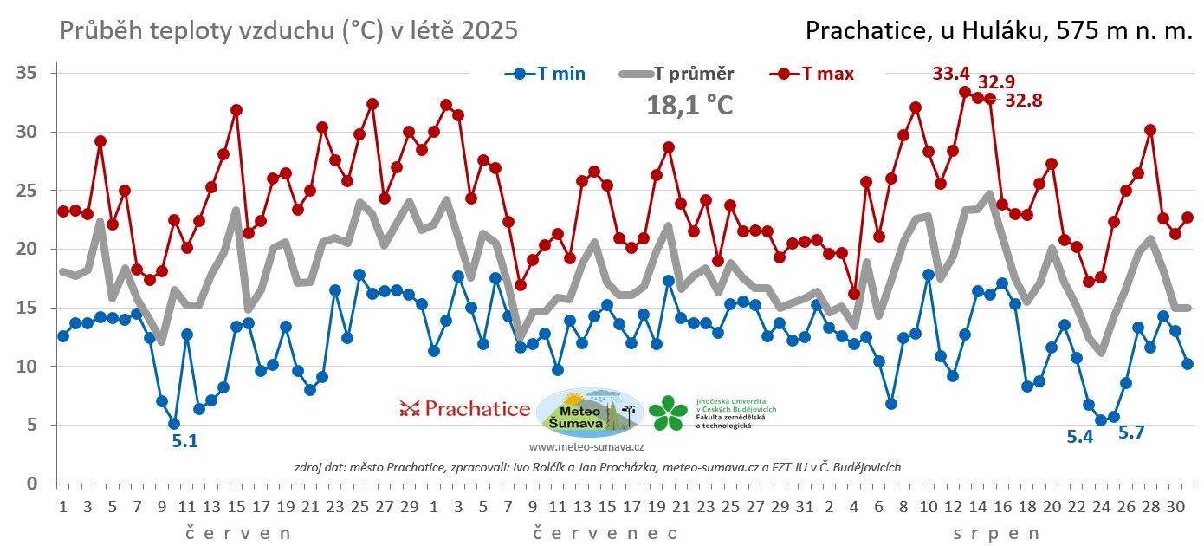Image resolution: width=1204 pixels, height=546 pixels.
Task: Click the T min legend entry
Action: coord(546,74)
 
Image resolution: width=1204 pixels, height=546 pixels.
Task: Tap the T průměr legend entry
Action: coord(678,74)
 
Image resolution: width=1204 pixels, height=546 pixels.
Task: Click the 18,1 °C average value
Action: coord(689,106)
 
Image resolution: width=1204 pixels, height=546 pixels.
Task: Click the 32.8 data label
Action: coord(1024,100)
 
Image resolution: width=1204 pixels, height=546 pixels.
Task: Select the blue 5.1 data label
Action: coord(184,441)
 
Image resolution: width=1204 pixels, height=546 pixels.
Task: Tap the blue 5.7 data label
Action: coord(1131,432)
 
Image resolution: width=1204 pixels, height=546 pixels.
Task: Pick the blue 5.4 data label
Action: coord(1079,437)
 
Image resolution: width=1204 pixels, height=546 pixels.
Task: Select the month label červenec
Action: coord(604,531)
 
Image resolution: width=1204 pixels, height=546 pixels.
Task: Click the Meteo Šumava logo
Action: coord(589,411)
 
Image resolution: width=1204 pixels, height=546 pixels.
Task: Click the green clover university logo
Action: coord(668,413)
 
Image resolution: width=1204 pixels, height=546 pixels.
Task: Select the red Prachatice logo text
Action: coord(465,408)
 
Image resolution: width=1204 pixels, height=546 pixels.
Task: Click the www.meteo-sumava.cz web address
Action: coord(586,447)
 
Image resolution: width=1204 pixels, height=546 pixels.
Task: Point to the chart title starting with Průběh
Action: coord(289,31)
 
